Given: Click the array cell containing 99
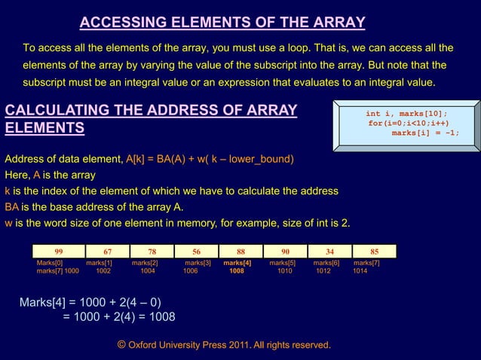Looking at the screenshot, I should tap(58, 252).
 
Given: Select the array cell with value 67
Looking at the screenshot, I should tap(108, 252).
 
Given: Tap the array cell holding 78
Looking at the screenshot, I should tap(152, 252).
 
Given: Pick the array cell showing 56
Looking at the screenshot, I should tap(196, 252).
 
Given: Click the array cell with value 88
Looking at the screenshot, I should tap(240, 252).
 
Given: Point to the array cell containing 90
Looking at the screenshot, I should tap(285, 252).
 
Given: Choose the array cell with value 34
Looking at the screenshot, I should tap(329, 252).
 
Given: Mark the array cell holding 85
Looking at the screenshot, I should tap(375, 252).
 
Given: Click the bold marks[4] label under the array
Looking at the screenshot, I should tap(237, 263).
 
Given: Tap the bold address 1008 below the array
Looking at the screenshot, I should tap(237, 270).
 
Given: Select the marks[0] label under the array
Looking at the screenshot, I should tap(50, 263).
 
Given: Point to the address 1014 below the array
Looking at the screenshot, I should tap(360, 270).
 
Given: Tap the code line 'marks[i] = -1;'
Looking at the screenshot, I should tap(425, 133).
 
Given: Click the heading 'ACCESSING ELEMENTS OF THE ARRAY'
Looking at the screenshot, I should tap(222, 22).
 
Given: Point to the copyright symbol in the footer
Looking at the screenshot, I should tap(122, 344).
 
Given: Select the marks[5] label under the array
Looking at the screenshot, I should tap(283, 263).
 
